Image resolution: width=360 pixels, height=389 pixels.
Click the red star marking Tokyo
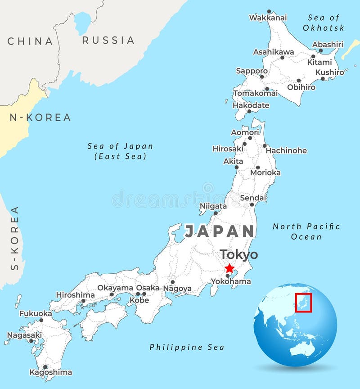pyautogui.click(x=229, y=268)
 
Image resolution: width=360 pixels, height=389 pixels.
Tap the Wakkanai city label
pyautogui.click(x=268, y=18)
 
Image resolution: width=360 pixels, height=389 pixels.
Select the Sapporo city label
pyautogui.click(x=252, y=71)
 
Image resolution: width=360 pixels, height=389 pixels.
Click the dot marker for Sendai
pyautogui.click(x=252, y=204)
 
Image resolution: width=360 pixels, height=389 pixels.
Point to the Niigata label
pyautogui.click(x=213, y=206)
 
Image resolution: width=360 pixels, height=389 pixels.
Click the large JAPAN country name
pyautogui.click(x=220, y=231)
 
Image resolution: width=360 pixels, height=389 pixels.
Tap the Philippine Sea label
pyautogui.click(x=187, y=347)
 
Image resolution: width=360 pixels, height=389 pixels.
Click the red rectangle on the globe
pyautogui.click(x=304, y=302)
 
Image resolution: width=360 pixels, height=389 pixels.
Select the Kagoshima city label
pyautogui.click(x=50, y=372)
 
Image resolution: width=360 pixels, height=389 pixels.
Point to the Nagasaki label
pyautogui.click(x=24, y=335)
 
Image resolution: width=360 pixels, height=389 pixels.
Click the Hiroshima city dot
pyautogui.click(x=83, y=301)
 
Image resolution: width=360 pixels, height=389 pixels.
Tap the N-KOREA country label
pyautogui.click(x=40, y=118)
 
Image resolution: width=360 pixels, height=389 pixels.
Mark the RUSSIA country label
pyautogui.click(x=108, y=40)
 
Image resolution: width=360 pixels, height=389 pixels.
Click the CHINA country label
pyautogui.click(x=30, y=41)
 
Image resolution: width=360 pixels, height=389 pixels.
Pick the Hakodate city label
pyautogui.click(x=251, y=105)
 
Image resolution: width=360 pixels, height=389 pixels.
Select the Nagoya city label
pyautogui.click(x=177, y=289)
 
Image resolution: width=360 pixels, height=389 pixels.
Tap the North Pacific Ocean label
pyautogui.click(x=306, y=231)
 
